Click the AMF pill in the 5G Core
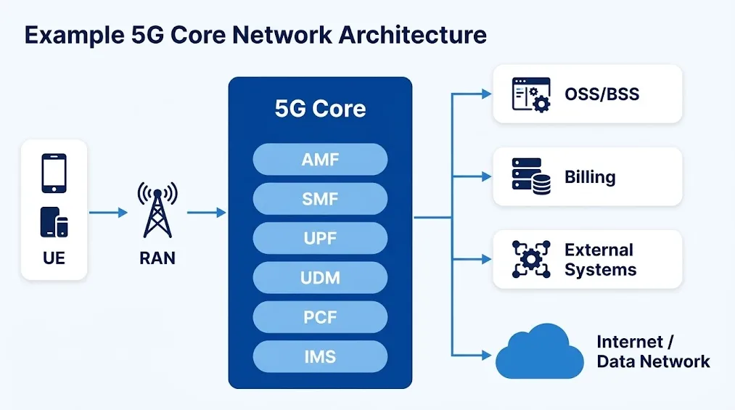coord(320,160)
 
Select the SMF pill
coord(320,199)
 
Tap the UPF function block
coord(320,238)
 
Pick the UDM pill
coord(320,277)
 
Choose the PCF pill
coord(320,317)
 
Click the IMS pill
coord(320,356)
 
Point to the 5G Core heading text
coord(320,108)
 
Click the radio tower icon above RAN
coord(157,210)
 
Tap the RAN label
coord(157,258)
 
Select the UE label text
coord(54,258)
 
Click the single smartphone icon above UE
coord(54,173)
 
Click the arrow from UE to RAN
coord(108,213)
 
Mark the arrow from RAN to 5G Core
coord(206,213)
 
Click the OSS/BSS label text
coord(602,94)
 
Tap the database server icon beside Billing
coord(531,176)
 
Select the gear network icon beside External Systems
coord(531,259)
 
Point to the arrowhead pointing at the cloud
coord(487,355)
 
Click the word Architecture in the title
coord(413,35)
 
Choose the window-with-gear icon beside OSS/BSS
coord(531,94)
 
